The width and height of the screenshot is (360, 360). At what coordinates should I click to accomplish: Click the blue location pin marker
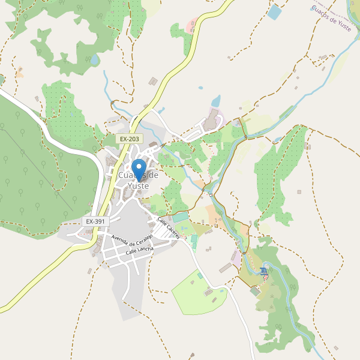(x=139, y=170)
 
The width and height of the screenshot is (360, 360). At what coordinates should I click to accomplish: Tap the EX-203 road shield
(x=129, y=139)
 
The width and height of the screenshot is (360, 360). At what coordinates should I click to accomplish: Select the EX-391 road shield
(x=95, y=221)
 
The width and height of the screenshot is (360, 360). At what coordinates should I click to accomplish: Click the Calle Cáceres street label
(x=168, y=228)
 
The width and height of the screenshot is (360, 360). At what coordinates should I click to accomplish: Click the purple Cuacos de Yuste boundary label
(x=331, y=16)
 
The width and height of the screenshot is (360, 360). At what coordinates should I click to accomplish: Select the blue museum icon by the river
(x=265, y=272)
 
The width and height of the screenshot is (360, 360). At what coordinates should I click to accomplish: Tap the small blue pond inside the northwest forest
(x=95, y=60)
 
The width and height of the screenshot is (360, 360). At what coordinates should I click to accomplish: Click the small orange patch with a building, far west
(x=20, y=73)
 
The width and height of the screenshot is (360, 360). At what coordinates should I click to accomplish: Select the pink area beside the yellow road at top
(x=192, y=26)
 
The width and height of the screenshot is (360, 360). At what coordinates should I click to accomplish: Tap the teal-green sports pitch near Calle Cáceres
(x=180, y=217)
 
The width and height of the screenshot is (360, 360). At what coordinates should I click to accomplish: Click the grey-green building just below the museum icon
(x=255, y=290)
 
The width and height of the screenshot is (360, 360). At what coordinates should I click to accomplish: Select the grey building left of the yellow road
(x=153, y=81)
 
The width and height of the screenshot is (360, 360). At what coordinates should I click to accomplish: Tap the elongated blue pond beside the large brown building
(x=216, y=100)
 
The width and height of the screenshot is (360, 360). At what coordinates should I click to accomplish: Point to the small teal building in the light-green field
(x=200, y=275)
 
